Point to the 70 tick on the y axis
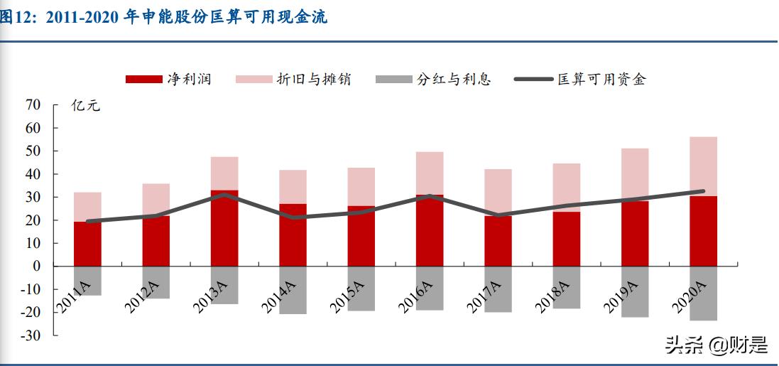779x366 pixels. click(33, 105)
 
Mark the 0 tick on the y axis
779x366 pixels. click(37, 266)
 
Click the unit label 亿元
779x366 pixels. click(86, 107)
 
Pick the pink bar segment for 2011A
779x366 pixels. click(87, 206)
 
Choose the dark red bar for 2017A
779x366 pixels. click(498, 242)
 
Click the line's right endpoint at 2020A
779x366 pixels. click(703, 191)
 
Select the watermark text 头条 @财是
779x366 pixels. click(716, 345)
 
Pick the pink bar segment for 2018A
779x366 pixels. click(566, 187)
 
